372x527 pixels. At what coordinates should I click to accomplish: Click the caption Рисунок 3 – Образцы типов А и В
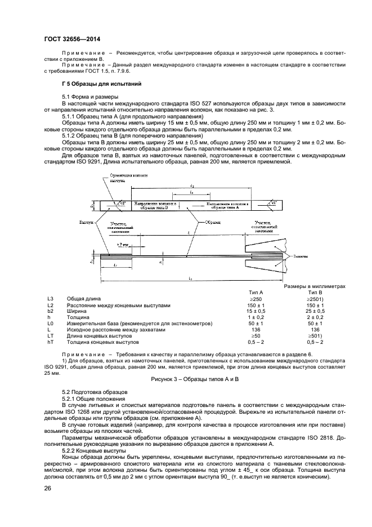[195, 380]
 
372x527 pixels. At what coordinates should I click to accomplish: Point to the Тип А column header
[256, 293]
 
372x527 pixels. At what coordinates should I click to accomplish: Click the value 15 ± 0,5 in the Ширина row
[256, 311]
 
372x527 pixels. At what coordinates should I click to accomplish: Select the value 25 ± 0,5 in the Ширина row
[315, 311]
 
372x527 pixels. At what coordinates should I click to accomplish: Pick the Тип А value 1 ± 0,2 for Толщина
[256, 317]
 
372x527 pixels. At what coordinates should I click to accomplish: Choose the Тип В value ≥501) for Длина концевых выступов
[315, 336]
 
